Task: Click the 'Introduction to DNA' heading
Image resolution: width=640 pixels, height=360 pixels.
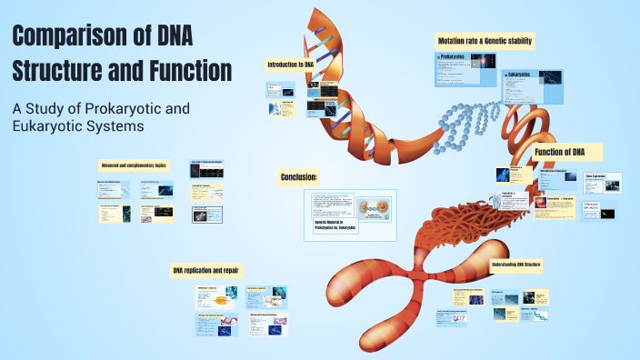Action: pos(290,65)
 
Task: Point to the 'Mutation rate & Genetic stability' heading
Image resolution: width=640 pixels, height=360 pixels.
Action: pos(485,42)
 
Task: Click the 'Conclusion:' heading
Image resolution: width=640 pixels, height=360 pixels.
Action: pos(298,177)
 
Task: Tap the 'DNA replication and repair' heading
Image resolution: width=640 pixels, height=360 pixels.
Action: pos(206,271)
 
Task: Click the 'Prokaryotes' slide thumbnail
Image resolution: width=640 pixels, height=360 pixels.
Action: pos(465,68)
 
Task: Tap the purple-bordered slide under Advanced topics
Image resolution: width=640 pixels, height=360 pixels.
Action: pos(208,215)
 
